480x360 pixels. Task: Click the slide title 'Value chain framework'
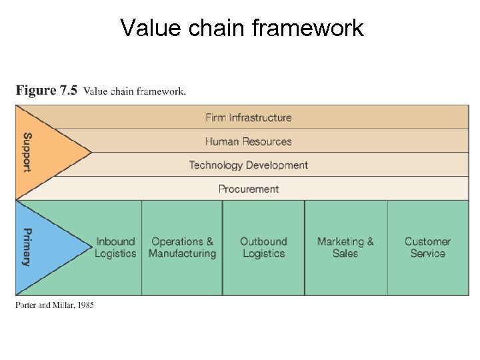click(242, 28)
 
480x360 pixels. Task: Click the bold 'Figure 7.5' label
click(47, 91)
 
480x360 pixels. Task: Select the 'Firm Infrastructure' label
click(248, 117)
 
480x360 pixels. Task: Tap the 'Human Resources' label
click(248, 141)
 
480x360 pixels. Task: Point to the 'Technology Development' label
click(248, 165)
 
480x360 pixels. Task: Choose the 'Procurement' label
click(248, 189)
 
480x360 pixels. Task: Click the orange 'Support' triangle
click(40, 153)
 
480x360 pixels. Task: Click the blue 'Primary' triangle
click(40, 247)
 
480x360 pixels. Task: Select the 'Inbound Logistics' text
click(115, 247)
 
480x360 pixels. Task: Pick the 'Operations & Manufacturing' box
click(182, 247)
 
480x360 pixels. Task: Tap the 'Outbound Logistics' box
click(263, 247)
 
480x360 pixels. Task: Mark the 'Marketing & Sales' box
click(345, 247)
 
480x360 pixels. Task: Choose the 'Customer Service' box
click(427, 247)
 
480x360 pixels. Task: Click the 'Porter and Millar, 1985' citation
click(55, 305)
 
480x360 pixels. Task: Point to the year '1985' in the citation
click(85, 305)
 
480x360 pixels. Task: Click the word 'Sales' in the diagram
click(345, 254)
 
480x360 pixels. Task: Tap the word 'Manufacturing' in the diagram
click(182, 254)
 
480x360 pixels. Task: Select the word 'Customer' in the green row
click(427, 241)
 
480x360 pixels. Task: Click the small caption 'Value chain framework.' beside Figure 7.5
click(135, 91)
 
